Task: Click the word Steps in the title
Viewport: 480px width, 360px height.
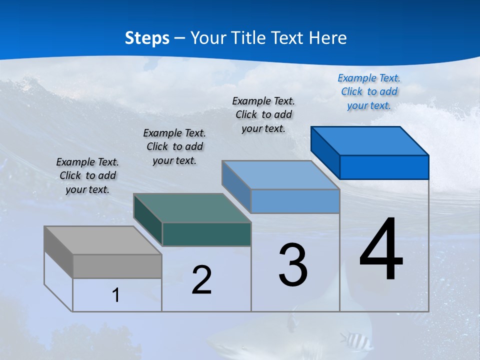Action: coord(147,38)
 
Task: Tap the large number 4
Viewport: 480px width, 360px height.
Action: coord(381,250)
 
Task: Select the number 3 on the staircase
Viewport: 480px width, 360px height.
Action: coord(293,265)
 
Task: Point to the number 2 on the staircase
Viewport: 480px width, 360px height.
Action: coord(201,280)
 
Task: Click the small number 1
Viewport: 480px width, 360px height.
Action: coord(116,295)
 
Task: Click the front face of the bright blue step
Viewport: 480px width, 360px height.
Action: coord(384,167)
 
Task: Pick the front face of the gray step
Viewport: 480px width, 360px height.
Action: coord(117,266)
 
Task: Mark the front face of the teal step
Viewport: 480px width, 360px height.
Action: coord(206,234)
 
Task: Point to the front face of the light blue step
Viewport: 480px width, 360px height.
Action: coord(295,201)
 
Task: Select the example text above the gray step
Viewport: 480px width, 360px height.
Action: coord(87,175)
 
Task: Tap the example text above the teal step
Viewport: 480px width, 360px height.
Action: coord(174,146)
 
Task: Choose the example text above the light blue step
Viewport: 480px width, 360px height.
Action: coord(263,114)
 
